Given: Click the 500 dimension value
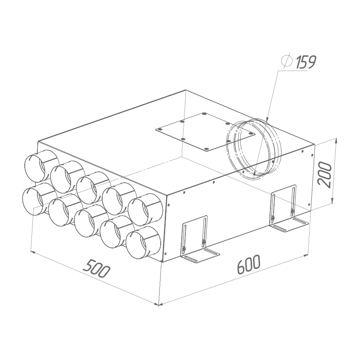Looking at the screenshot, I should (x=96, y=269).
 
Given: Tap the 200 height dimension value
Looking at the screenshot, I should (x=324, y=173).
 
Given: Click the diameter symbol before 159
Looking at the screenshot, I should (x=286, y=60).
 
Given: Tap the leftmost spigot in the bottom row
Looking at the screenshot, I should (x=39, y=198).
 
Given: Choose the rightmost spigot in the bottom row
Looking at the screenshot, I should (x=143, y=242).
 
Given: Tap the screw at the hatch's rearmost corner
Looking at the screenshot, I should (x=204, y=114).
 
